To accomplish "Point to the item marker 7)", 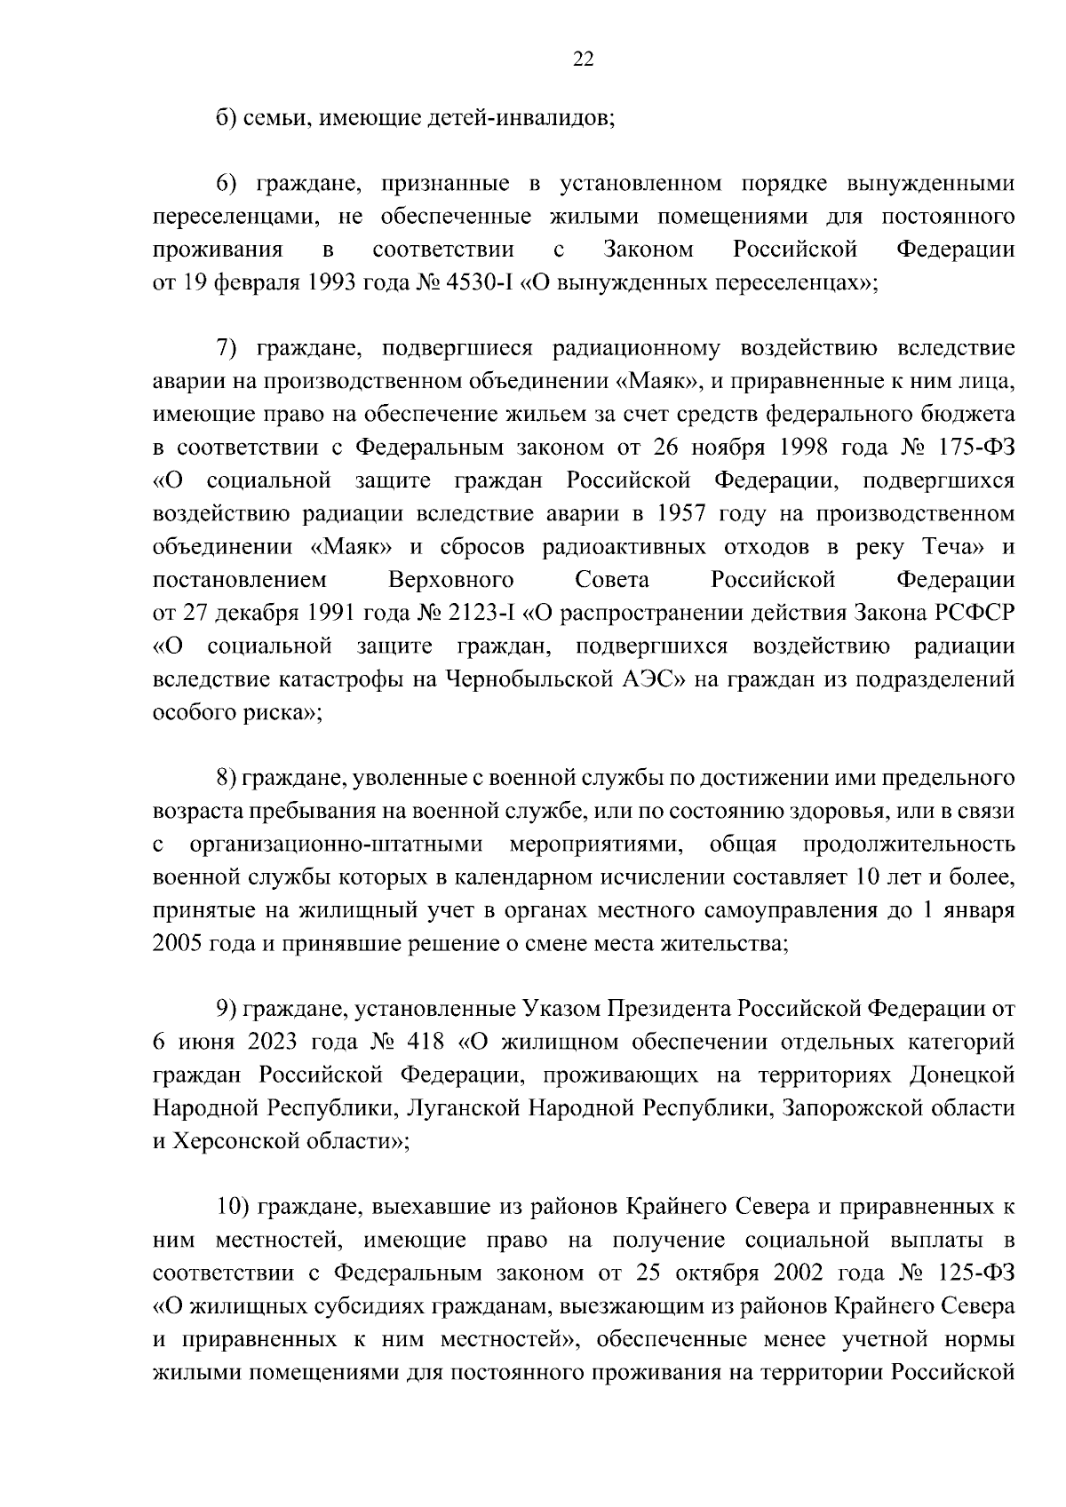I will click(x=231, y=349).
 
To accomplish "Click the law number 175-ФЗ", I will click(x=975, y=448).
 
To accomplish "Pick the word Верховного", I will click(x=451, y=581).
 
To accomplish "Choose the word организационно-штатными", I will click(x=337, y=845).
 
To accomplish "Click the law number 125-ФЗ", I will click(x=975, y=1273).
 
